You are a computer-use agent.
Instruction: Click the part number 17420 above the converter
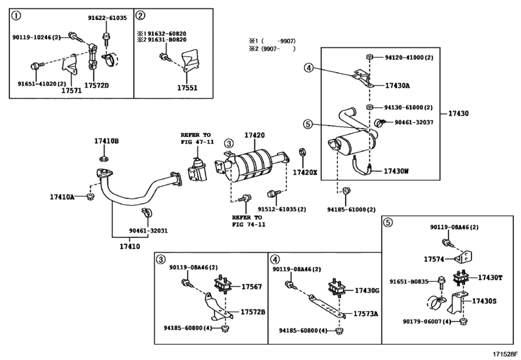click(254, 135)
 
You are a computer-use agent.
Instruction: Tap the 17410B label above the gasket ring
click(107, 141)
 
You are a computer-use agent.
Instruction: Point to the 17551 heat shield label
click(187, 88)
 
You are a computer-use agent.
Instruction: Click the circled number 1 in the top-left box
click(16, 15)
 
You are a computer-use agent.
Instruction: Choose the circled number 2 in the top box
click(141, 15)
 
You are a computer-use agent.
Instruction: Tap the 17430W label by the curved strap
click(396, 171)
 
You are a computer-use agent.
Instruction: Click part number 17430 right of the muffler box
click(459, 113)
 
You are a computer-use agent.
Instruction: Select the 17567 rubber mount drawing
click(223, 285)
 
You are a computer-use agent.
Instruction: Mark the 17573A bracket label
click(366, 314)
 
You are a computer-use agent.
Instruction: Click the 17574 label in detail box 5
click(434, 259)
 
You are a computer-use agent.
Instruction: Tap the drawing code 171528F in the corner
click(505, 354)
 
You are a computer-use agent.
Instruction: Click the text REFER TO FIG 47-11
click(197, 138)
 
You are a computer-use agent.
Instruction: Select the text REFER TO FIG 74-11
click(249, 221)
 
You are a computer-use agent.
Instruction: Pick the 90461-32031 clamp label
click(148, 231)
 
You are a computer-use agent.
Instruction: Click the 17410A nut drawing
click(89, 197)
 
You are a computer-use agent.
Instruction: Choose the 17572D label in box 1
click(96, 85)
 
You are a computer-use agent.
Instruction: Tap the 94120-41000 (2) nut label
click(409, 57)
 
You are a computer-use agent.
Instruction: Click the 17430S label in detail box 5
click(484, 301)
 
